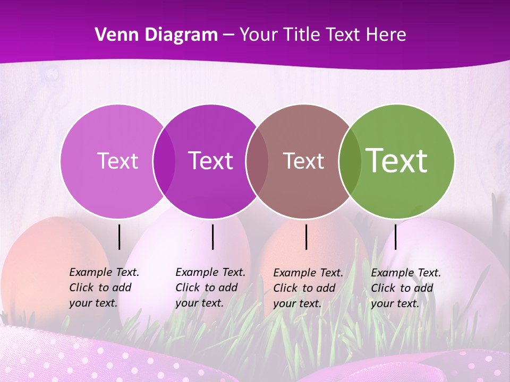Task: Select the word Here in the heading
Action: (x=386, y=35)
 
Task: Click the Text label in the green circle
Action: (x=397, y=161)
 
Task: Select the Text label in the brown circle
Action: (x=303, y=161)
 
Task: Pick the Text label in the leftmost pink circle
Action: (x=117, y=161)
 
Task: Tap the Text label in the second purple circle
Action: (x=211, y=161)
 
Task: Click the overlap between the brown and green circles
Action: (x=350, y=161)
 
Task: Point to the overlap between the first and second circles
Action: (x=164, y=161)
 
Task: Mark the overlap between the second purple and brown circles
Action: (x=257, y=161)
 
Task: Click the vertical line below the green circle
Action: (x=395, y=237)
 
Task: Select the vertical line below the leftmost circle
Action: (x=119, y=237)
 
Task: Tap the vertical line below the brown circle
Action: (x=306, y=237)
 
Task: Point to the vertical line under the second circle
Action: (x=212, y=237)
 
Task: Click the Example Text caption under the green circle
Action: (x=405, y=288)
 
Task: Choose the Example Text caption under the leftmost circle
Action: (x=104, y=288)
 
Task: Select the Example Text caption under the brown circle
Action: (x=308, y=288)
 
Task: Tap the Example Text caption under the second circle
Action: (x=210, y=288)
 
